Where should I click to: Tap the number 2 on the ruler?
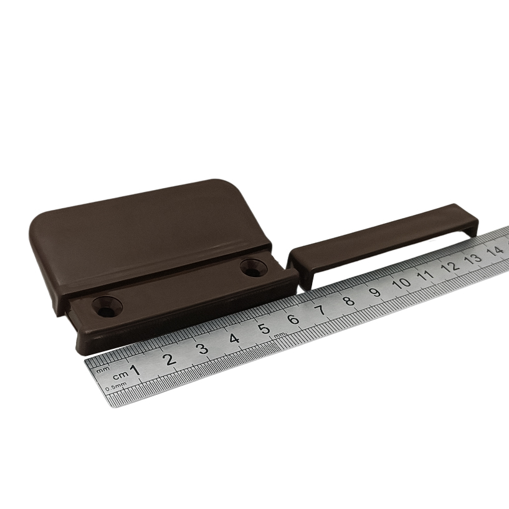coord(170,359)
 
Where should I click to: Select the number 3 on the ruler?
coord(203,349)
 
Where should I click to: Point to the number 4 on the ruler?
coord(234,338)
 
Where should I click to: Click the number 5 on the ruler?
coord(265,328)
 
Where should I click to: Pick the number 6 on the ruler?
coord(293,319)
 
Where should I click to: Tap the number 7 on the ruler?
coord(321,310)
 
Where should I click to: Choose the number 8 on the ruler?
coord(349,300)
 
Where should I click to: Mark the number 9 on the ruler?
coord(375,292)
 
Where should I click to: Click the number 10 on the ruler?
coord(402,283)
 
